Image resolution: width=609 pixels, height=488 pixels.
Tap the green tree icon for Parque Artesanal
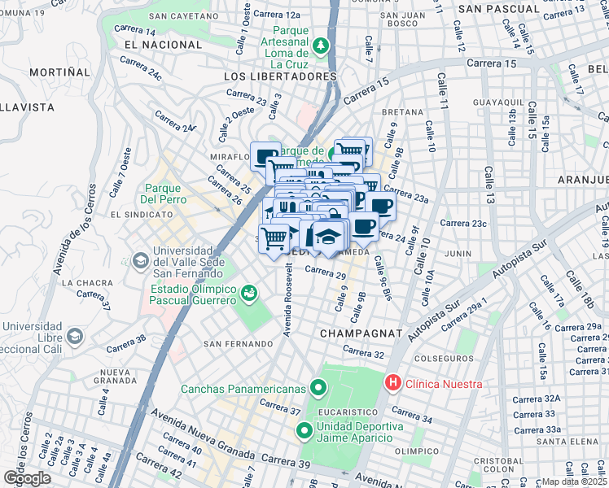point(323,45)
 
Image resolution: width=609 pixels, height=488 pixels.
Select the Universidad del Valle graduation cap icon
point(138,260)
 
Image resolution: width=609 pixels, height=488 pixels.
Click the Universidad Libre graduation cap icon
point(74,335)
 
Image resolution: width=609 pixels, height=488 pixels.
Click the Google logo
point(27,478)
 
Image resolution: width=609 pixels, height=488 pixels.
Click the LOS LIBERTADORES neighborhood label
point(279,76)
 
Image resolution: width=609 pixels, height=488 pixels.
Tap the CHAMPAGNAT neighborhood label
point(362,333)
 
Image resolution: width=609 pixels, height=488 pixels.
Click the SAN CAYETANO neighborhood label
point(181,15)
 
